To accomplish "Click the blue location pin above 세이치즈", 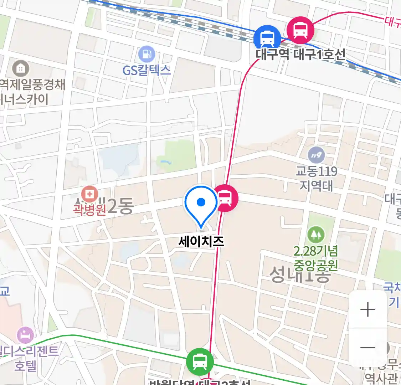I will tap(201, 204).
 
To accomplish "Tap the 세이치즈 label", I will tap(201, 242).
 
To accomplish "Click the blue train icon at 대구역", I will tap(267, 37).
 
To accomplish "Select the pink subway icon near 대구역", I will tap(300, 30).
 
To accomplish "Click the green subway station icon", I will tap(200, 362).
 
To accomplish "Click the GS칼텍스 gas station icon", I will tap(146, 55).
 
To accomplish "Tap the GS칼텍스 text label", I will tap(146, 70).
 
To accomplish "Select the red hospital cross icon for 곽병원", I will tap(89, 195).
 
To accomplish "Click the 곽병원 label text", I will tap(89, 209).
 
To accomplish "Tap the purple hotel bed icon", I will tap(26, 335).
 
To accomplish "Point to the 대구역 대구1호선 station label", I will tap(300, 55).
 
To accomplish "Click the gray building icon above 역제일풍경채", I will tap(20, 68).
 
